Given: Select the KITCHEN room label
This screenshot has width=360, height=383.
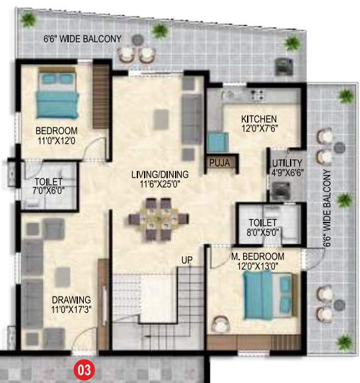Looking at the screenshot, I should click(240, 118).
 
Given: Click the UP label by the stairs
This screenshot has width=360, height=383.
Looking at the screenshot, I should click(188, 260).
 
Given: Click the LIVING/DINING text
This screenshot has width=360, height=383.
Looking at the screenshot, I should click(160, 174).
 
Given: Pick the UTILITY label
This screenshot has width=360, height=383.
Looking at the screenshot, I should click(287, 163).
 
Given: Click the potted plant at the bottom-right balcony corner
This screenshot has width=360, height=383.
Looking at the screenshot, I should click(343, 341).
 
